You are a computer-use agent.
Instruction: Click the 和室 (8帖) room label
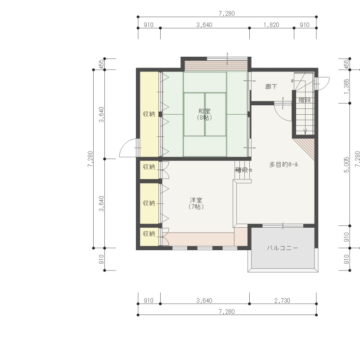click(204, 114)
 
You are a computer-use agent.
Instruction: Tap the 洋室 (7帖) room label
click(196, 203)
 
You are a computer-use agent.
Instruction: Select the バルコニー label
click(283, 248)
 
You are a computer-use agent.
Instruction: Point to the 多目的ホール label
click(283, 164)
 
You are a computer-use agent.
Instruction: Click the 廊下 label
click(271, 86)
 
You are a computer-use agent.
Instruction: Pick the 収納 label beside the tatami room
click(149, 114)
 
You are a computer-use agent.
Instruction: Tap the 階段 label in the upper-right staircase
click(305, 100)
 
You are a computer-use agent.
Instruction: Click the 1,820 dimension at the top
click(271, 25)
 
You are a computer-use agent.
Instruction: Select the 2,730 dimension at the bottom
click(282, 300)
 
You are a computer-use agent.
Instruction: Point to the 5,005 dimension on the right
click(346, 164)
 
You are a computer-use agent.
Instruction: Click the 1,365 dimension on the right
click(346, 86)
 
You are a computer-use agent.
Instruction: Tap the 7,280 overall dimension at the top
click(227, 13)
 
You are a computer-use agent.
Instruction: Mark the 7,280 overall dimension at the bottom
click(227, 311)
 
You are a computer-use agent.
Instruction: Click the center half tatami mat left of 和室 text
click(194, 114)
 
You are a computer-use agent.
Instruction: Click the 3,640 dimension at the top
click(204, 25)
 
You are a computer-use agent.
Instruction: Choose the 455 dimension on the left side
click(101, 64)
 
